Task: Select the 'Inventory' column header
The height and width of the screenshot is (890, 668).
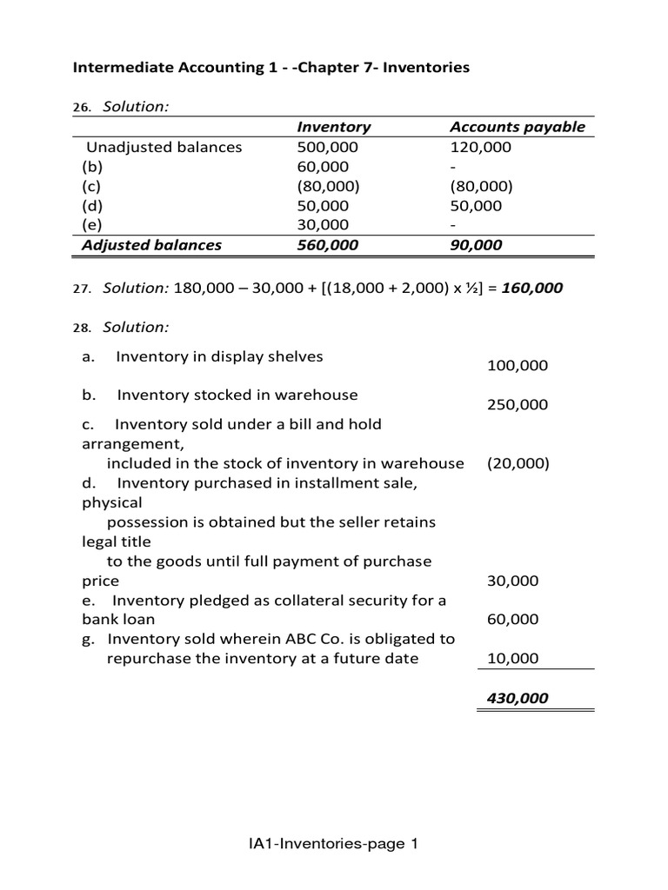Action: (333, 127)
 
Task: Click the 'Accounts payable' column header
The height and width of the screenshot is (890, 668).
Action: (517, 127)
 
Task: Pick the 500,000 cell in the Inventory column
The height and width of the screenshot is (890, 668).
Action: (327, 147)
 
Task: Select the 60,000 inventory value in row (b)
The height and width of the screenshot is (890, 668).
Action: (323, 167)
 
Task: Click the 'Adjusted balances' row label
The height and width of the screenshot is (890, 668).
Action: (151, 245)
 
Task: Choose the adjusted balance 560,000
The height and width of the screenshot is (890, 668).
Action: (327, 245)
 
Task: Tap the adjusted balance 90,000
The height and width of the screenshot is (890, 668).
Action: (476, 245)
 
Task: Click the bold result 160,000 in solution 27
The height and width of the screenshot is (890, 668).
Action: (531, 288)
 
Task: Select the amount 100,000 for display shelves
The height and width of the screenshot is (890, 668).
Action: (518, 366)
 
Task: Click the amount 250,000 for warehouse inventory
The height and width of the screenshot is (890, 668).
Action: (518, 405)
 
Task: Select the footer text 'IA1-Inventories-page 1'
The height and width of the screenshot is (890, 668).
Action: (333, 843)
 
